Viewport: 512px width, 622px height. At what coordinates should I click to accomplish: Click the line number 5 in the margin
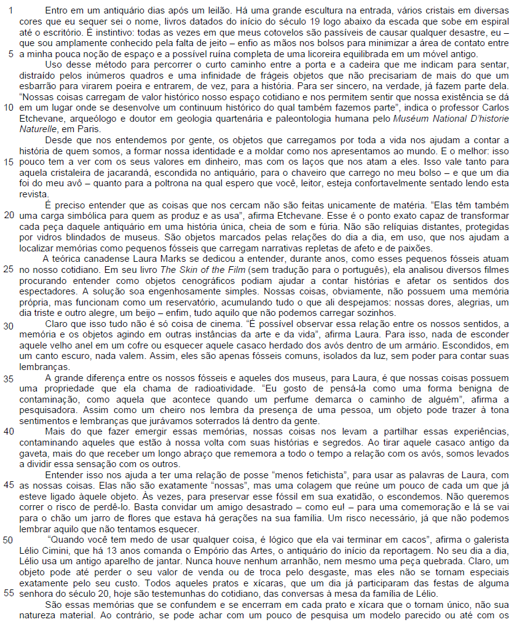[10, 53]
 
